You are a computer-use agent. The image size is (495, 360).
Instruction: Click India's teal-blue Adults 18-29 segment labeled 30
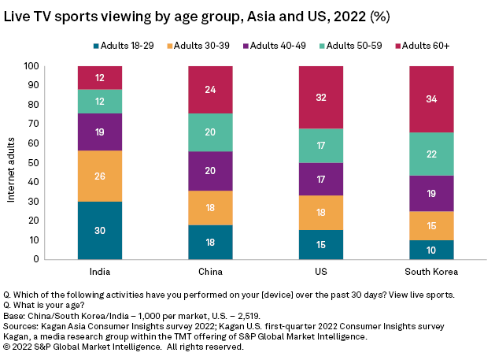tap(100, 230)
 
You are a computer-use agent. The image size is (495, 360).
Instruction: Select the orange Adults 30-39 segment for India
tap(100, 176)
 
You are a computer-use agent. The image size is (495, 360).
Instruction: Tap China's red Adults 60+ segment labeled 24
tap(210, 90)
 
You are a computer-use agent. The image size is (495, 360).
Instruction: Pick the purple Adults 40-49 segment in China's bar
tap(210, 171)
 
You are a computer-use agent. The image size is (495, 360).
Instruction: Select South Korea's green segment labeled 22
tap(432, 154)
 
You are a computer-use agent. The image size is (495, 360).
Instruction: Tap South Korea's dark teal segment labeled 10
tap(432, 249)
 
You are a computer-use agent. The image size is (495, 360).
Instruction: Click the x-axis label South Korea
tap(432, 271)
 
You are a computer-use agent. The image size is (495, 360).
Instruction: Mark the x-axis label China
tap(210, 271)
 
